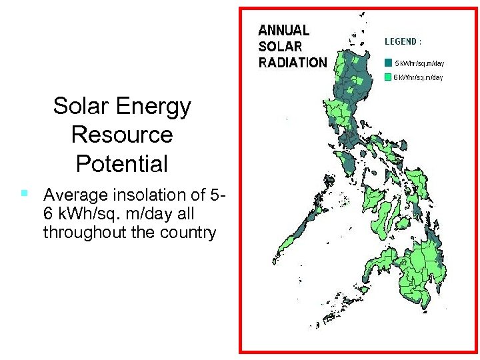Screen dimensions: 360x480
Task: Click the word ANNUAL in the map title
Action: tap(284, 31)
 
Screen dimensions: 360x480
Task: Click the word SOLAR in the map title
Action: tap(280, 47)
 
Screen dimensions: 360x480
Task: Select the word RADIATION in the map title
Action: tap(293, 63)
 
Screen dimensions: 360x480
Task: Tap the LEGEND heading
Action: tap(403, 41)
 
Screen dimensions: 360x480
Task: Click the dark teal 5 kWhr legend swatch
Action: tap(388, 63)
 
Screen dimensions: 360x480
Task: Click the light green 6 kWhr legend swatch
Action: tap(388, 77)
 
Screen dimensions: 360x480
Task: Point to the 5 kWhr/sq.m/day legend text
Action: tap(420, 63)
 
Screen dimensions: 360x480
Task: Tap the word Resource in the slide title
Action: tap(122, 135)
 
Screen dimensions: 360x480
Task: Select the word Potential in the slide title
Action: tap(122, 163)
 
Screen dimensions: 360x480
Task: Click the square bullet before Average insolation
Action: tap(23, 194)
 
